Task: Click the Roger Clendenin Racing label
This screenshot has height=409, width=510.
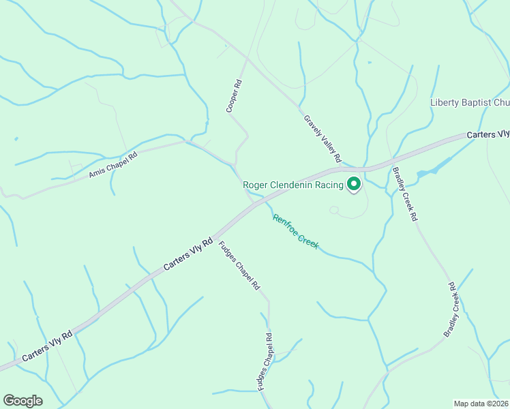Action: [293, 185]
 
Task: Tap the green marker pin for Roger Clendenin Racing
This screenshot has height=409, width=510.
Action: [354, 184]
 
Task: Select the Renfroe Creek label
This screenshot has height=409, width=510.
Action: [295, 232]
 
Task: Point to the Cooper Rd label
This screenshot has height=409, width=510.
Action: [234, 96]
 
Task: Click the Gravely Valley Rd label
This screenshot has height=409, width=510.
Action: [322, 138]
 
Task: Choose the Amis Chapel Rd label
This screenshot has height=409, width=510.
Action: [113, 165]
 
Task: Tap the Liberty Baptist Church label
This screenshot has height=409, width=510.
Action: [470, 103]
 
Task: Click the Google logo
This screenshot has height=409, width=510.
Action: [22, 401]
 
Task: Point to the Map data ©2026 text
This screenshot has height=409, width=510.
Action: [481, 404]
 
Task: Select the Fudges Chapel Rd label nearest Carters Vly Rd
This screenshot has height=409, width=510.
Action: [239, 266]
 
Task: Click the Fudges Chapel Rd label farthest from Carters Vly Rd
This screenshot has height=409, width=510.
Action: [265, 362]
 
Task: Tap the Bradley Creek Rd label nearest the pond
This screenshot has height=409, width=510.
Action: [405, 196]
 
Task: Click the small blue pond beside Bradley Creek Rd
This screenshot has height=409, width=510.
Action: [434, 168]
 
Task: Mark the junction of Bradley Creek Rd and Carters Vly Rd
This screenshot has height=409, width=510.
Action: [391, 162]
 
